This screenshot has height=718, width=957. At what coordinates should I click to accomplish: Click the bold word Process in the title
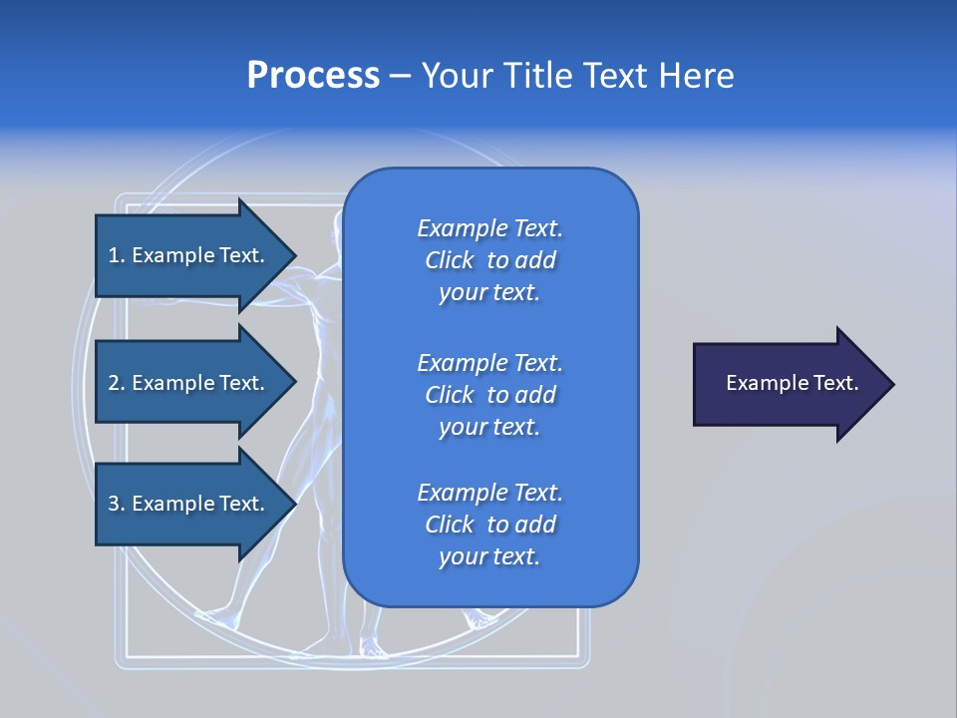313,76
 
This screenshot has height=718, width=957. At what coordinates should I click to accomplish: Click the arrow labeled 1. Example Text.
189,255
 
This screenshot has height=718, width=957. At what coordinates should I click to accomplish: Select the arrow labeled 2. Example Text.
189,383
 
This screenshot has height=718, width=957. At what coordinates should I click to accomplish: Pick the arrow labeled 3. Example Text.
189,504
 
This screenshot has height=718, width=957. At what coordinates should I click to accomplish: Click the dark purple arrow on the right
788,384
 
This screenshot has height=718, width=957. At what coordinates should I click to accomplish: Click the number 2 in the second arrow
114,383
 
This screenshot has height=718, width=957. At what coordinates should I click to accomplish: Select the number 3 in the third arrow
114,504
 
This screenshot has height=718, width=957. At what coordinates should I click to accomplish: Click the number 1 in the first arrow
114,255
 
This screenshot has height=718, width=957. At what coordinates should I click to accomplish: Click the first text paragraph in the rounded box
489,260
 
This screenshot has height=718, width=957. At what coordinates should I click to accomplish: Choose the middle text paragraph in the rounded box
489,395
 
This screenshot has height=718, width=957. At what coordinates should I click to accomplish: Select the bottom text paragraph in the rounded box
489,525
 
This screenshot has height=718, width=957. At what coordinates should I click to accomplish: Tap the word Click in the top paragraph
449,260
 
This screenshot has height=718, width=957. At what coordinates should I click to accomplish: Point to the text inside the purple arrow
792,383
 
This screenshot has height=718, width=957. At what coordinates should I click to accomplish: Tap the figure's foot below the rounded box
374,650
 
